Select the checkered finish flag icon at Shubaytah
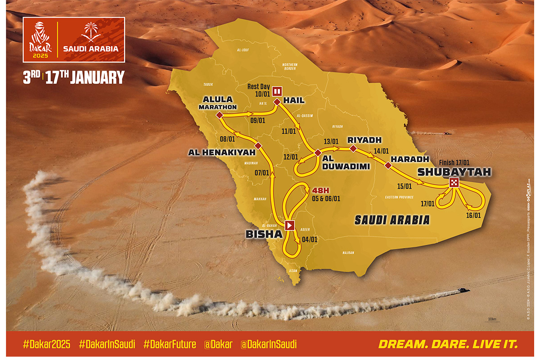coord(454,182)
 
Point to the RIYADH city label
coord(364,140)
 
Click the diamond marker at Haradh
coord(388,166)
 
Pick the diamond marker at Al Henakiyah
coord(258,146)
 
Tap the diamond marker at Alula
coord(220,116)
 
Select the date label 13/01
coord(331,141)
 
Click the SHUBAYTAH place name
coord(454,171)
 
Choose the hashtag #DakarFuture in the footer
coord(170,345)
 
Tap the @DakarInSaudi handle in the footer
coord(269,345)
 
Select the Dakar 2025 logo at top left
coord(40,40)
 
